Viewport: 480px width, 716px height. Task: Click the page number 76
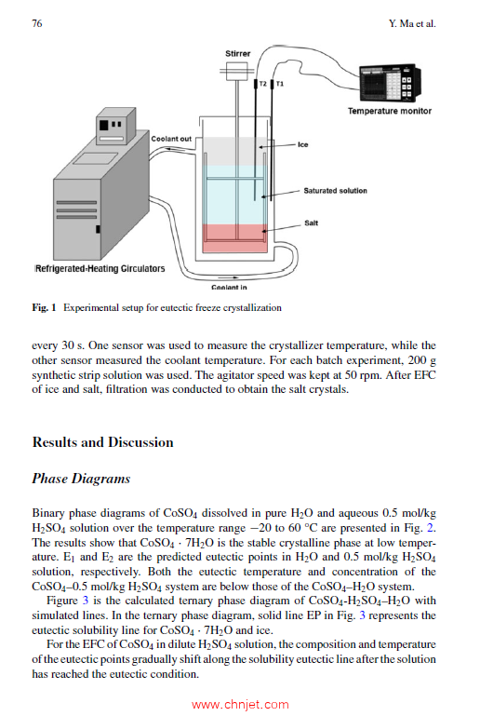point(37,23)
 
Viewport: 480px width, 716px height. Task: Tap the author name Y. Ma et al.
point(412,23)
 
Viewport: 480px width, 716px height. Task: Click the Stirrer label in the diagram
point(238,53)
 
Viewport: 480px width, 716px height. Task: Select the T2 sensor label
point(263,84)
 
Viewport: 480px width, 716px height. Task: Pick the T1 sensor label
point(280,84)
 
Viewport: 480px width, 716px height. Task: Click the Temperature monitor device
point(390,83)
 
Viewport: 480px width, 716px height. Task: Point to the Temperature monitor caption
point(390,111)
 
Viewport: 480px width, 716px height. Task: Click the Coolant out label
point(171,139)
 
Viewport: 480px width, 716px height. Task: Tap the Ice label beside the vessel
point(303,144)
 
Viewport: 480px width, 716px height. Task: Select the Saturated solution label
point(336,191)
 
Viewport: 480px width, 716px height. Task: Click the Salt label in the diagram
point(312,223)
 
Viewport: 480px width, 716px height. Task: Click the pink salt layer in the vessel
point(234,238)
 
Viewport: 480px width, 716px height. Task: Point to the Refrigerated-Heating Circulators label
point(100,268)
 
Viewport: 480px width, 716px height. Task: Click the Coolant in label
point(229,287)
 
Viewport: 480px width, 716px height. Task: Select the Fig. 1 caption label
point(44,308)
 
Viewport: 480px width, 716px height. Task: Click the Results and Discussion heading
point(102,442)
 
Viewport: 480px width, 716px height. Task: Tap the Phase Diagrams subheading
point(81,479)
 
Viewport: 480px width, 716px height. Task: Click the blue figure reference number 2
point(430,528)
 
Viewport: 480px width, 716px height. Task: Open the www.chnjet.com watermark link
point(240,705)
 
